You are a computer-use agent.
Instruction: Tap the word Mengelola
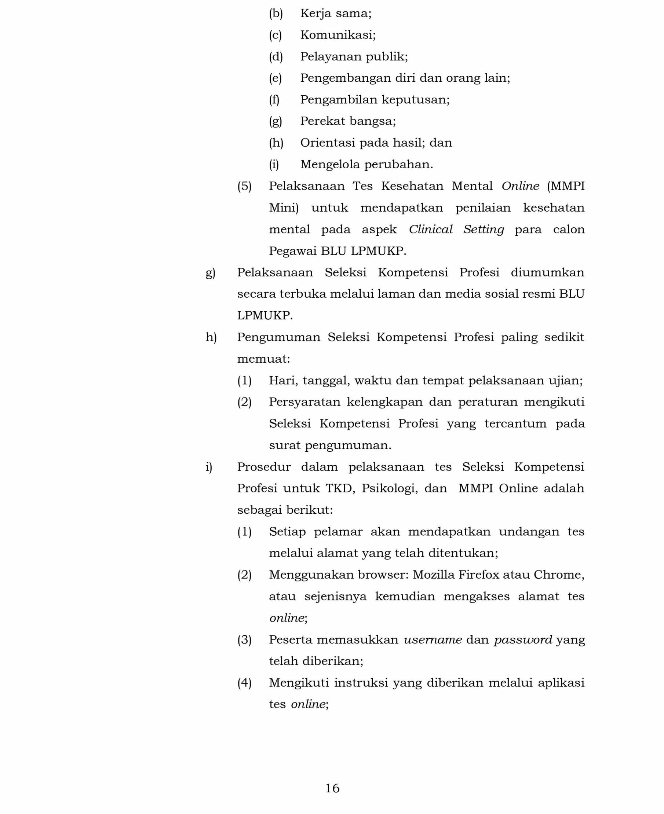coord(329,164)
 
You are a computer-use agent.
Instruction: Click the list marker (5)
coord(244,186)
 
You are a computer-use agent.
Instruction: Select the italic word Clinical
coord(430,230)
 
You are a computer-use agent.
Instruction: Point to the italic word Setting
coord(484,230)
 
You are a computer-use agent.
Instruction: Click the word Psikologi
coord(389,488)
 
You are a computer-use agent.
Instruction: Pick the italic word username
coord(433,640)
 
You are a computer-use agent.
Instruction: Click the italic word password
coord(523,640)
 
